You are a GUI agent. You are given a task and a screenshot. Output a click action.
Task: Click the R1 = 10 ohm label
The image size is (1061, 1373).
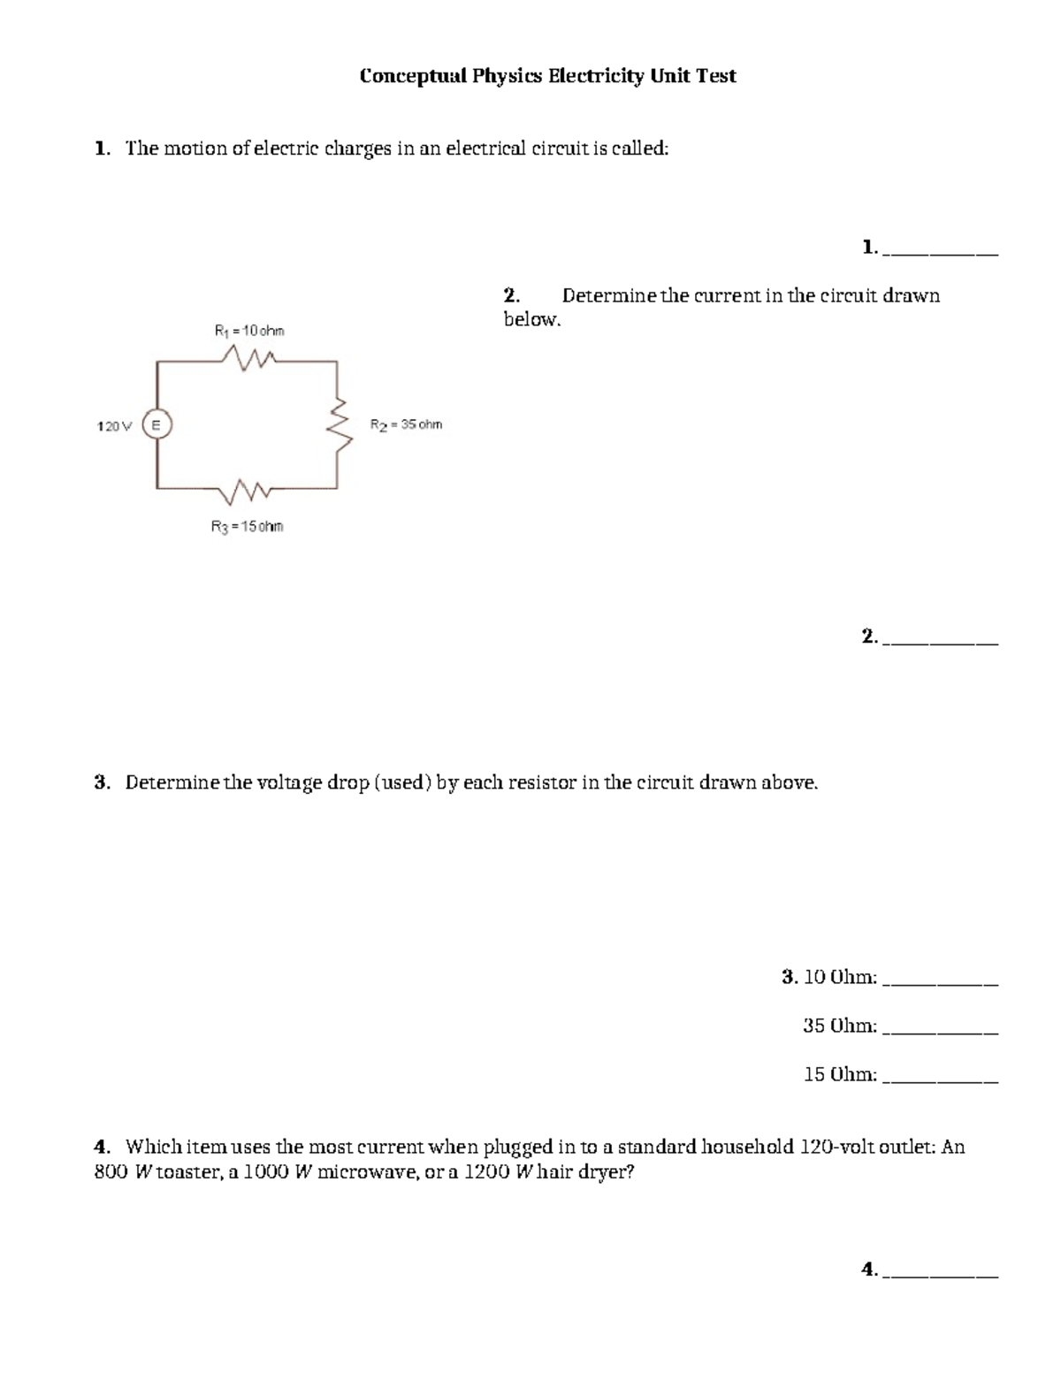click(249, 331)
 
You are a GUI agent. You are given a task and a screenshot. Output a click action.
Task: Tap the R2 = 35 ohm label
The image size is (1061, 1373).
click(406, 424)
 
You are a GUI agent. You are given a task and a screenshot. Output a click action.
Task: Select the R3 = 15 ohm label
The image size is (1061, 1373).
click(247, 527)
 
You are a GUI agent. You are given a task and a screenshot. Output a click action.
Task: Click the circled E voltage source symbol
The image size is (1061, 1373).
click(156, 425)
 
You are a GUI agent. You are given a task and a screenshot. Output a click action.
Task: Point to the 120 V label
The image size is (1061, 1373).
click(113, 426)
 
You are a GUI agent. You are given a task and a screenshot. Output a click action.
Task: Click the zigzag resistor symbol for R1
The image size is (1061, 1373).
click(250, 358)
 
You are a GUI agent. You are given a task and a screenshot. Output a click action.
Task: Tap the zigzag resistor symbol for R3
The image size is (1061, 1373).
click(249, 488)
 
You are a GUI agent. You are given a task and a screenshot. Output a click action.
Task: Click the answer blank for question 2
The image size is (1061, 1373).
click(941, 639)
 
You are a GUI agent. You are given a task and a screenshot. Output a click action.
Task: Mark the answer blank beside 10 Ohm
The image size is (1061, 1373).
click(941, 980)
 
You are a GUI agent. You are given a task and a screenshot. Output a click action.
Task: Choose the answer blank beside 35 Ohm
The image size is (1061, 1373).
click(941, 1028)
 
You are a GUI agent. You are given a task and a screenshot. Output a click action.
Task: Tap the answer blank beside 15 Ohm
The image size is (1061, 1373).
click(941, 1077)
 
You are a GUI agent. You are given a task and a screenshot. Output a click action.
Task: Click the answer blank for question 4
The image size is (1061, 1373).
click(941, 1272)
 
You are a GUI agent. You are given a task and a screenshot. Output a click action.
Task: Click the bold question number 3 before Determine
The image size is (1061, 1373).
click(101, 783)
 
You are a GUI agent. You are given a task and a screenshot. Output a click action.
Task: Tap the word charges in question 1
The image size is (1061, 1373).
click(357, 149)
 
